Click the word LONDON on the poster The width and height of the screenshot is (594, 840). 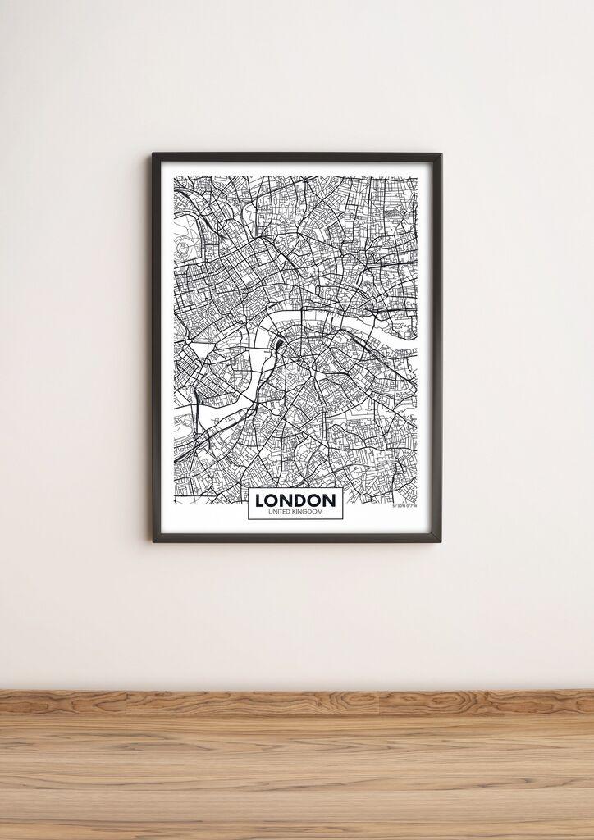tap(295, 500)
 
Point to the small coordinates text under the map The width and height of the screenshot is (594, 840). tap(404, 506)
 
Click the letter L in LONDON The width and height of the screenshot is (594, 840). tap(261, 500)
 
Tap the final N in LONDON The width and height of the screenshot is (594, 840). tap(328, 500)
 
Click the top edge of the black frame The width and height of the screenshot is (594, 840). tap(295, 156)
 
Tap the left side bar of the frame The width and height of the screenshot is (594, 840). tap(156, 345)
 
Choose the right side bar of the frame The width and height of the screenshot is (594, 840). tap(437, 345)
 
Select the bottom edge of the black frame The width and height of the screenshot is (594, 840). tap(295, 537)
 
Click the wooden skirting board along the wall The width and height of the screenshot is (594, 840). tap(295, 701)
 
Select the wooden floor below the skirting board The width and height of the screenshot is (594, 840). tap(295, 779)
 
